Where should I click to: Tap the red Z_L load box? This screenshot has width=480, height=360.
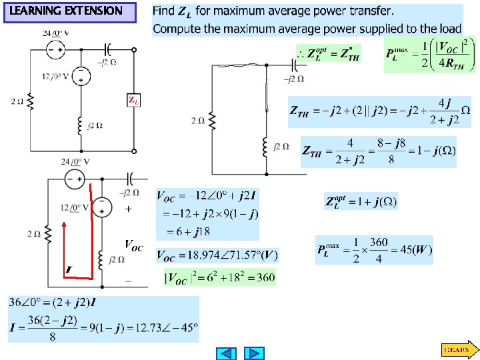[x=133, y=101]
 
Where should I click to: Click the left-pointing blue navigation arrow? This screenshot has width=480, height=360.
[x=228, y=353]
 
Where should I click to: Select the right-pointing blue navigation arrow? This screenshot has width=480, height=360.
[x=254, y=353]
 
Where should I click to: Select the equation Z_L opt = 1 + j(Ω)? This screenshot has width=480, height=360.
[x=361, y=201]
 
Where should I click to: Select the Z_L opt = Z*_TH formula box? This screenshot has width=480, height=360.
[x=328, y=54]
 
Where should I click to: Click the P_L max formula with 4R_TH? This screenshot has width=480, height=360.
[x=431, y=55]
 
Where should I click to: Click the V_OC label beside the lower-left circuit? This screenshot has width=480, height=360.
[x=133, y=245]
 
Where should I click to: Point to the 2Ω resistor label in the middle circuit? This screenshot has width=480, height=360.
[x=198, y=121]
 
